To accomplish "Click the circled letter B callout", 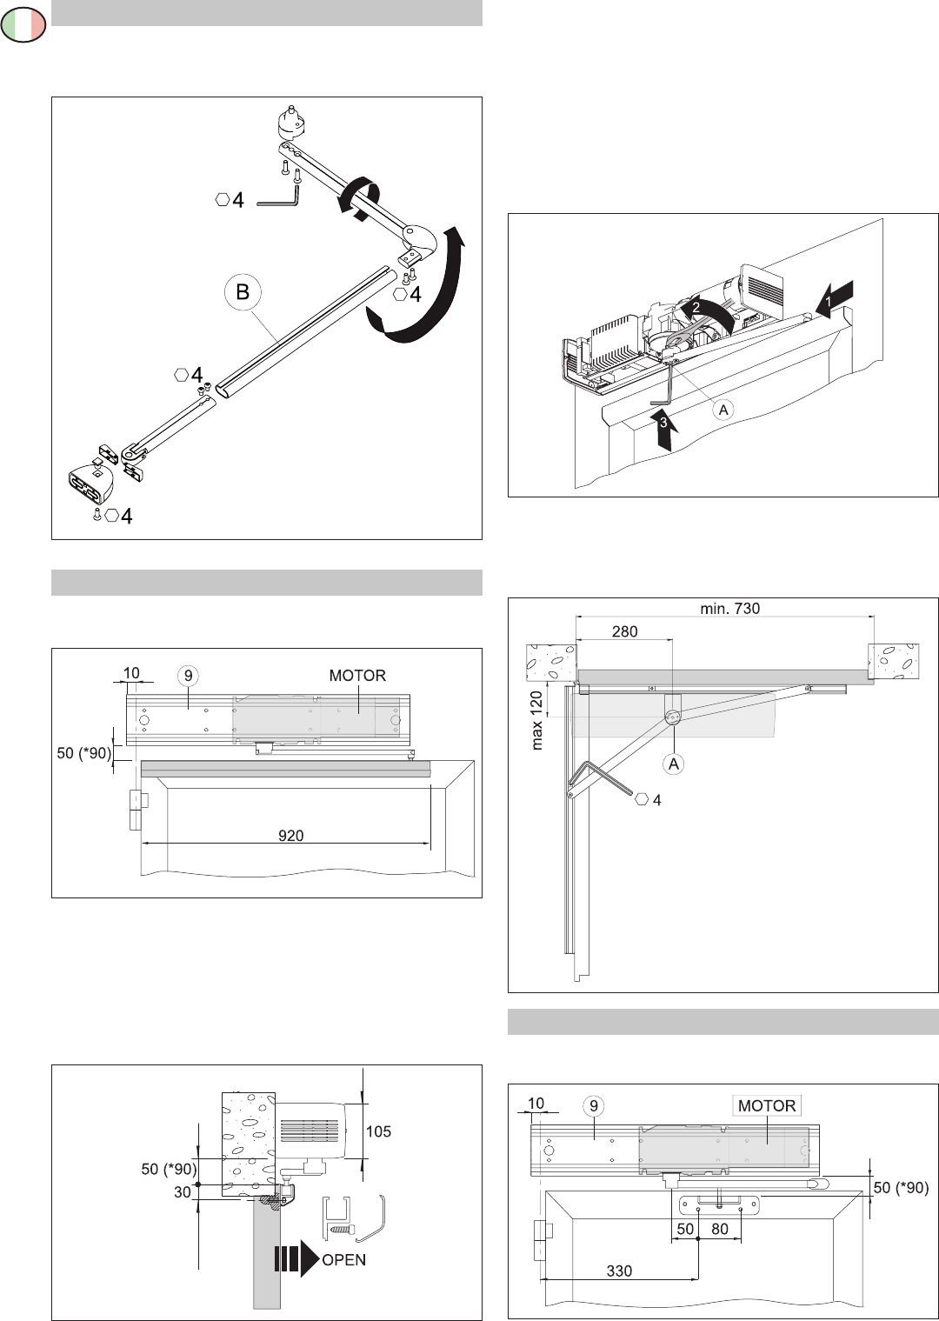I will pos(243,292).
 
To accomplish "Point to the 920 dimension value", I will pos(290,835).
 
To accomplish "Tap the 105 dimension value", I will pos(378,1131).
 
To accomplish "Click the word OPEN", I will pos(344,1259).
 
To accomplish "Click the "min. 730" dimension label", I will pos(729,609).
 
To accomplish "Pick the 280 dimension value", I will pos(624,632).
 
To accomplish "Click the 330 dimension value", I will pos(619,1271).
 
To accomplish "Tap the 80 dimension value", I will pos(720,1230).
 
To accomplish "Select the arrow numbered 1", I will pos(836,297).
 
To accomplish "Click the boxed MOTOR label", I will pos(766,1105).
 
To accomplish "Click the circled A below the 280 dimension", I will pos(673,764).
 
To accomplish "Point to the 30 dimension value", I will pos(182,1192).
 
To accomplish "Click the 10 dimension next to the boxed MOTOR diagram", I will pos(536,1103).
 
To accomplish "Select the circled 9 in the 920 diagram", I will pos(186,675).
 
